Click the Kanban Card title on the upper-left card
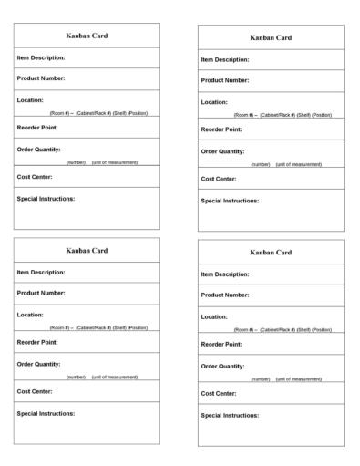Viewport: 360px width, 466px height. (x=87, y=36)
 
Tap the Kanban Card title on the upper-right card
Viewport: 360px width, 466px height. (x=271, y=37)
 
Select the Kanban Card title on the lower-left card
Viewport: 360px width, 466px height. (x=87, y=250)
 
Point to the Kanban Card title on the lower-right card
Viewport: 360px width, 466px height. (x=271, y=252)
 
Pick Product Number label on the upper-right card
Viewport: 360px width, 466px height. (x=225, y=80)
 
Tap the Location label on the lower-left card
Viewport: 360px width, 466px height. (x=31, y=314)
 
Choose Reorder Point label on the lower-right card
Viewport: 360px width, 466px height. (x=221, y=344)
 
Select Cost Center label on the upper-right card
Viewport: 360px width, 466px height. (x=219, y=179)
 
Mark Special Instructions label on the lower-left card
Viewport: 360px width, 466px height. (x=46, y=413)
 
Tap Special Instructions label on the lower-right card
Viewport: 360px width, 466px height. (x=231, y=415)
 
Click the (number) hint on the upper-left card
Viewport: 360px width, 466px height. (x=76, y=162)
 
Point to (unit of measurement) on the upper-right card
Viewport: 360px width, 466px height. (x=299, y=164)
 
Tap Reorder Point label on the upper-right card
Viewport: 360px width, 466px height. (x=221, y=129)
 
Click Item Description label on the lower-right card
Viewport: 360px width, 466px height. (x=225, y=274)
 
